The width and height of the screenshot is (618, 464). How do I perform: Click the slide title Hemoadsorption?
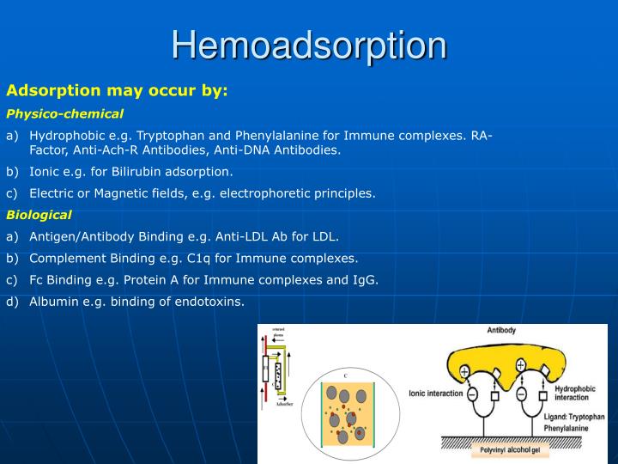(309, 46)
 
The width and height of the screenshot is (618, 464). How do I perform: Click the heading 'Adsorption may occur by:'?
(117, 90)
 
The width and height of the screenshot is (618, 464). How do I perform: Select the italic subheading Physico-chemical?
(65, 113)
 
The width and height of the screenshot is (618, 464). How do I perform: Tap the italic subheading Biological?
(39, 215)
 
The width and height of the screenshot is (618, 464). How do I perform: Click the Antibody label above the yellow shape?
(501, 330)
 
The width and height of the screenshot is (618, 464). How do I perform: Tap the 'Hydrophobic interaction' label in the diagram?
(572, 393)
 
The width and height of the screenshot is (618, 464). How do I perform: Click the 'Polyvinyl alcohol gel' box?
(509, 449)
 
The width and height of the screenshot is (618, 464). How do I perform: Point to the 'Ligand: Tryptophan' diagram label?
(574, 417)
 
